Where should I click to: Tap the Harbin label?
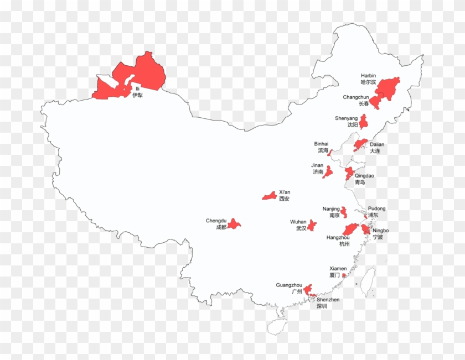coord(368,79)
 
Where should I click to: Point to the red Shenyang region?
coord(363,122)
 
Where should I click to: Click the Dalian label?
coord(377,148)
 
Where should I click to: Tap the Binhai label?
coord(321,147)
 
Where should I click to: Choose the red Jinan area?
coord(328,172)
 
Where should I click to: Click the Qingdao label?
coord(364,179)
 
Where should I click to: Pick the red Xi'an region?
coord(270,196)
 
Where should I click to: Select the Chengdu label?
coord(216,224)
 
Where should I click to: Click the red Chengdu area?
coord(234,223)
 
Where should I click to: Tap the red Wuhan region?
coord(312,225)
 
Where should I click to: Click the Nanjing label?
coord(331,212)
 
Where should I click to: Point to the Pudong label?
coord(376,212)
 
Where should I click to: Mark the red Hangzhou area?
coord(350,229)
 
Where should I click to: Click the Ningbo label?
coord(380,233)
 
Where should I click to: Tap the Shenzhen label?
coord(328,302)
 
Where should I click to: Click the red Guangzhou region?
coord(307,289)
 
